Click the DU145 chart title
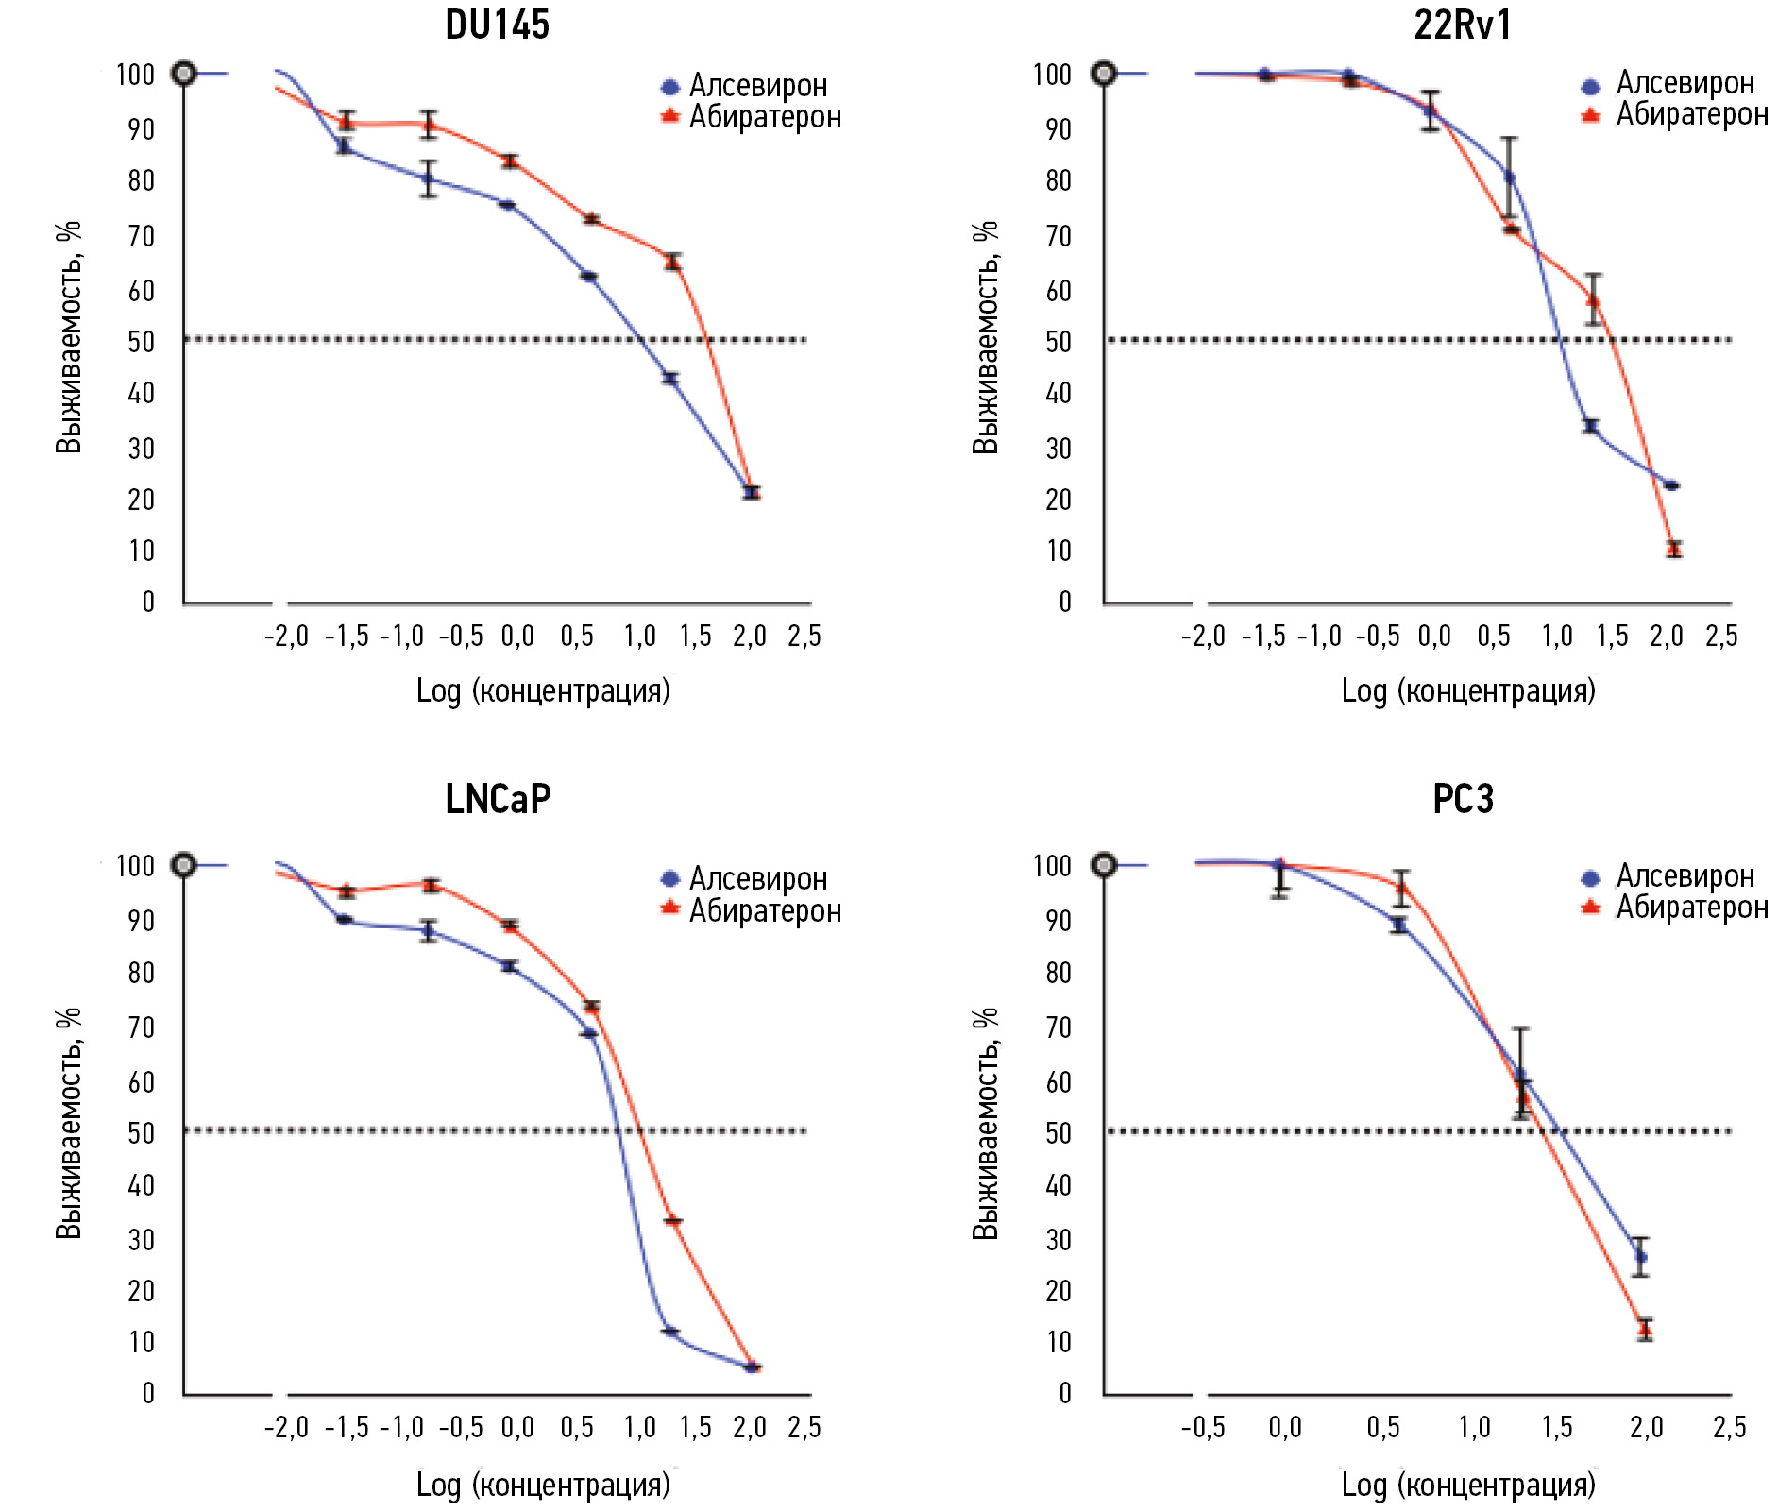click(x=497, y=25)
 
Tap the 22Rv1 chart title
click(x=1463, y=25)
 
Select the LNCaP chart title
click(x=498, y=799)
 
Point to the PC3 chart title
click(x=1463, y=799)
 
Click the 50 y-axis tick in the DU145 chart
click(x=142, y=342)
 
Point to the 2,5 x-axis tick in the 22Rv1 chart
click(x=1721, y=637)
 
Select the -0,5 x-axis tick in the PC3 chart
click(x=1203, y=1427)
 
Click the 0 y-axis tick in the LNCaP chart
click(x=148, y=1393)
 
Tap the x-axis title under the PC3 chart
click(x=1468, y=1485)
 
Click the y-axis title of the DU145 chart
click(x=69, y=337)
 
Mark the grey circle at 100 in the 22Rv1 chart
click(x=1104, y=74)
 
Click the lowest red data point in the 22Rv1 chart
click(x=1674, y=549)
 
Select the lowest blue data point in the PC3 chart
click(x=1641, y=1257)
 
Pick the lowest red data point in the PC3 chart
click(x=1646, y=1330)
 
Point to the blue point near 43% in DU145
click(x=671, y=379)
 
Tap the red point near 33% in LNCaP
click(x=673, y=1221)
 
